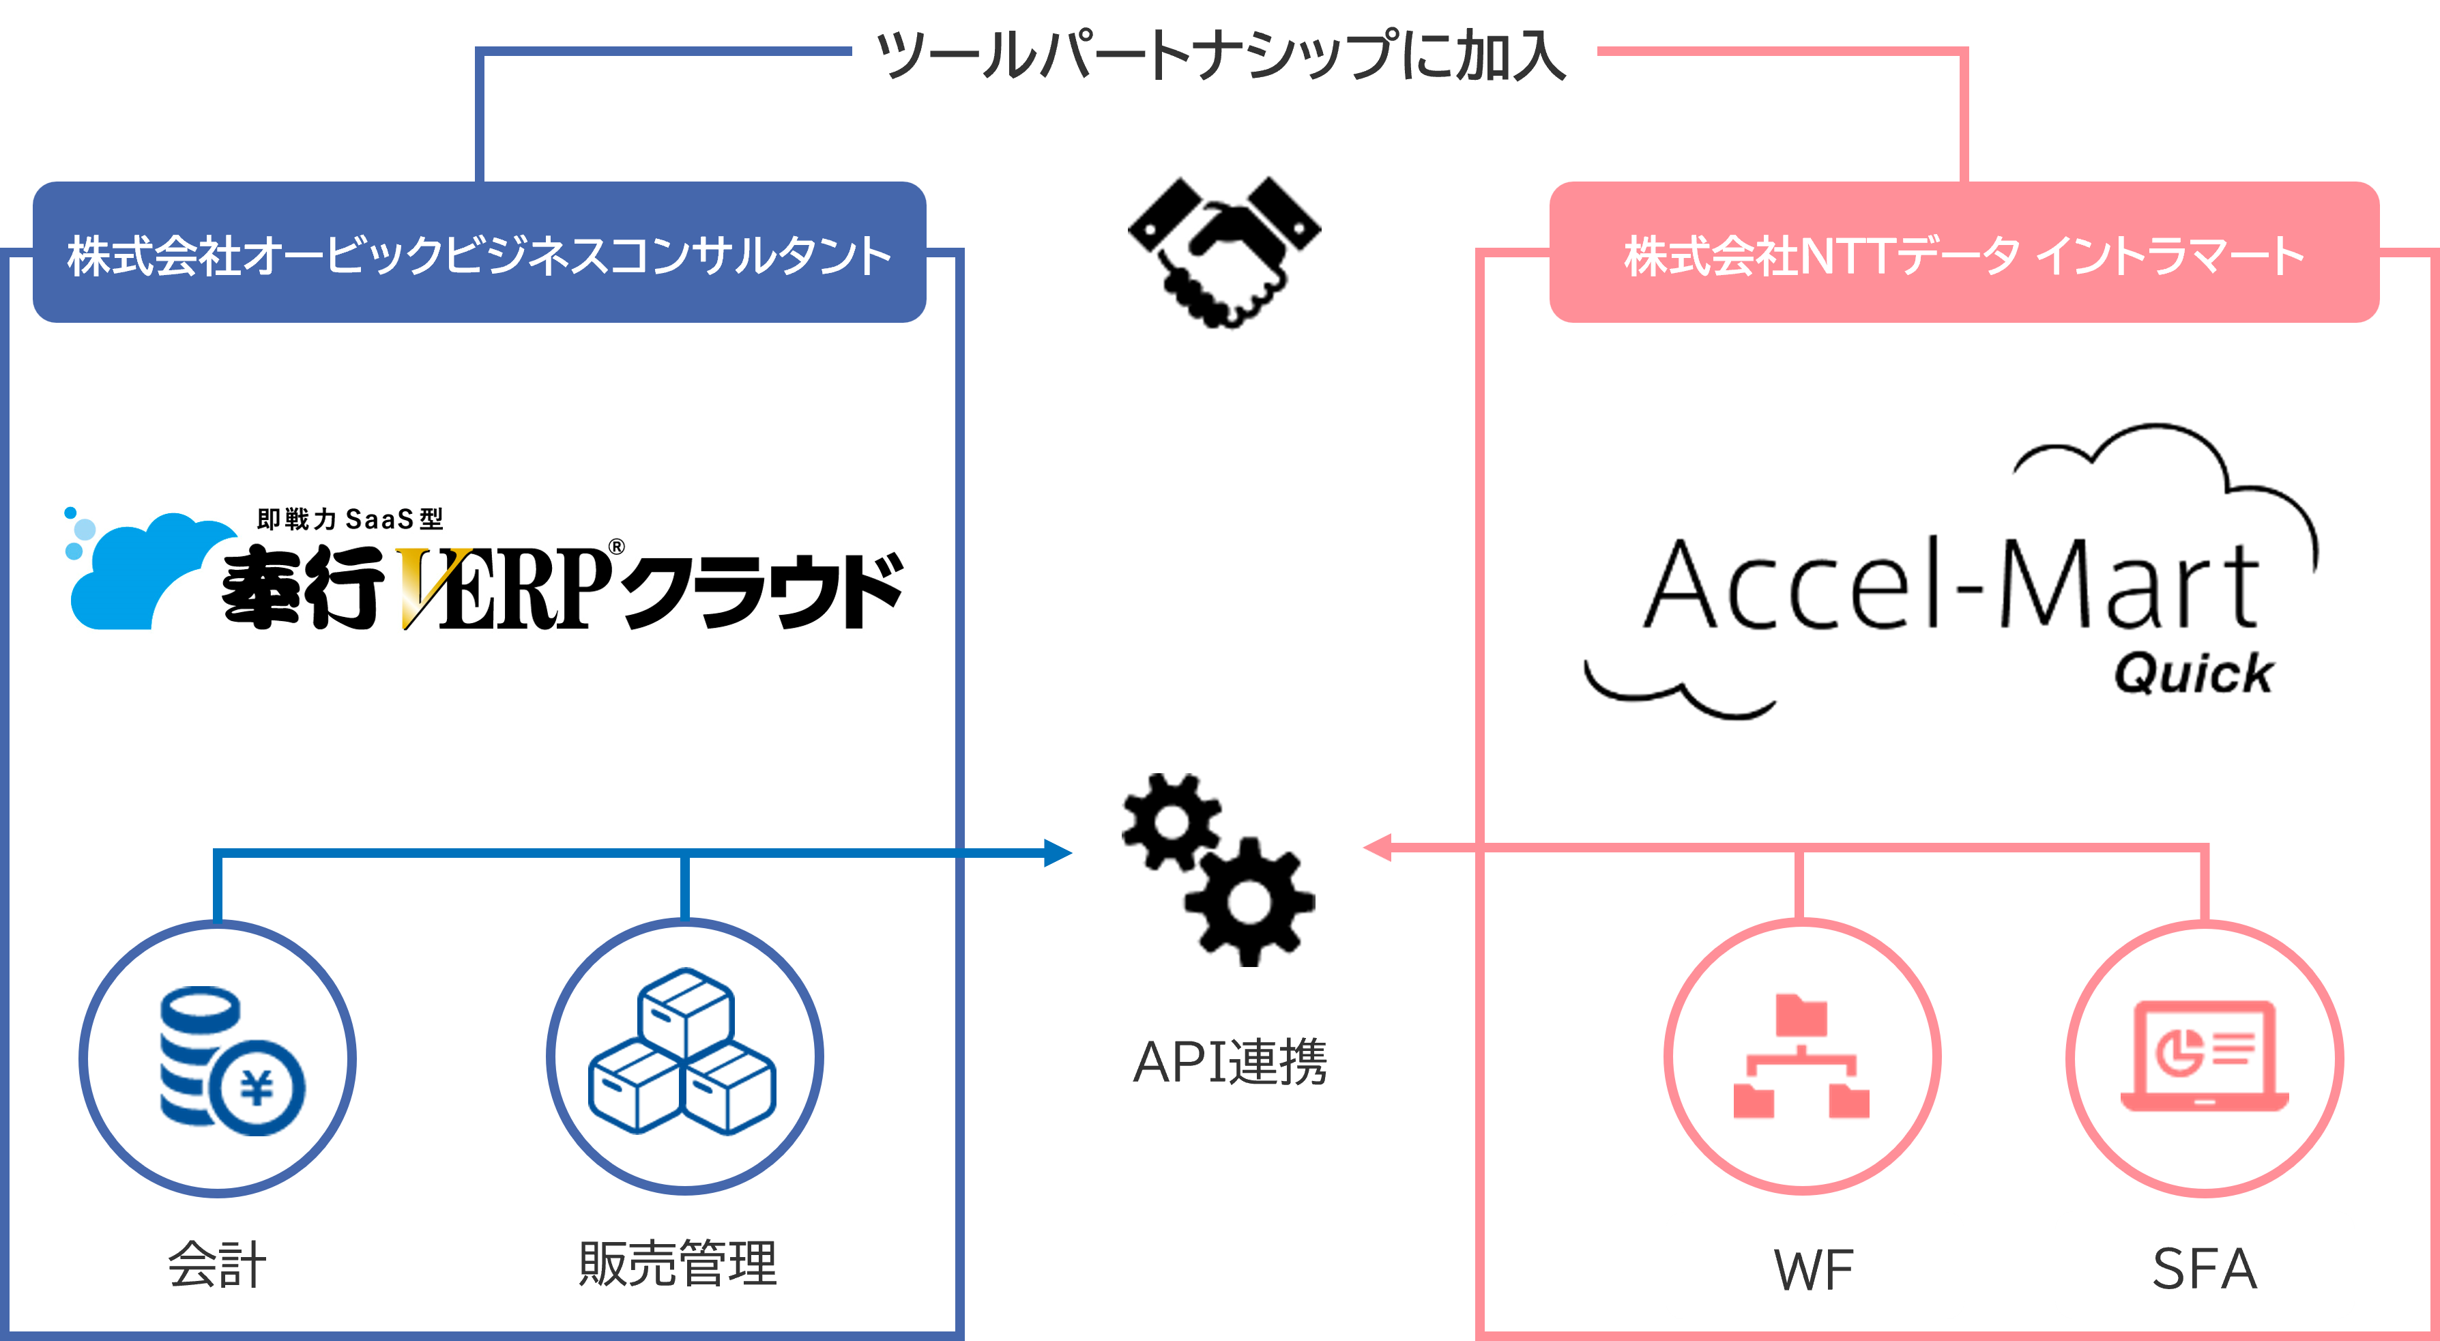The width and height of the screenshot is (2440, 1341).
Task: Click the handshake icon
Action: tap(1224, 252)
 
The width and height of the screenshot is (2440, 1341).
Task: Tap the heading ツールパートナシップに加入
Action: tap(1222, 54)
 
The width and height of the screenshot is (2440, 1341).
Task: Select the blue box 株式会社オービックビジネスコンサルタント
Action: tap(479, 253)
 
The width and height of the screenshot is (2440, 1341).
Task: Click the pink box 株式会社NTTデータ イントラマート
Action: tap(1964, 253)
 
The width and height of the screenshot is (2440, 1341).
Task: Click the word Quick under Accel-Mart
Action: tap(2193, 674)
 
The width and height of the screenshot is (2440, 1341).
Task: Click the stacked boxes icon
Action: tap(682, 1051)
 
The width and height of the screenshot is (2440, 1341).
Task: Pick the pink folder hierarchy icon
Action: tap(1801, 1056)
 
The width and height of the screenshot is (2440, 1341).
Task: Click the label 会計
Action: tap(217, 1265)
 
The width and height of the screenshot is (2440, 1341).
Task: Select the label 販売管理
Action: tap(678, 1265)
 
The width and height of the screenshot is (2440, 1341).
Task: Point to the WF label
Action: tap(1813, 1270)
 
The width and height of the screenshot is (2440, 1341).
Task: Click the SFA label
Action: tap(2204, 1269)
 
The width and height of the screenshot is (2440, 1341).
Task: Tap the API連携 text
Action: tap(1230, 1062)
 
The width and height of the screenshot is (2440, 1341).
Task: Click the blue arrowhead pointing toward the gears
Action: tap(1058, 853)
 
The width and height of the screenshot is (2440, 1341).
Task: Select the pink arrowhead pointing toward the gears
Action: tap(1377, 848)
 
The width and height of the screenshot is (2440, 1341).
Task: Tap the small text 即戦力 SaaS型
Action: tap(349, 519)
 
